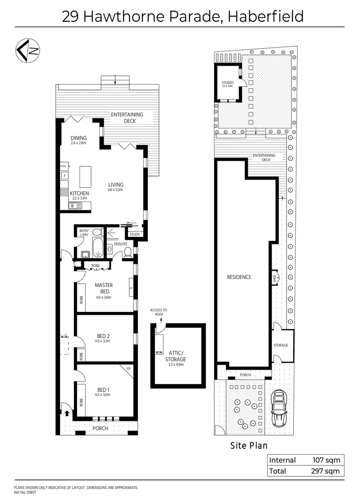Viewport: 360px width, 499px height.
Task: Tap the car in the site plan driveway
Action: tap(279, 408)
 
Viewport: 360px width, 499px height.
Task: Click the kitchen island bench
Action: tap(85, 176)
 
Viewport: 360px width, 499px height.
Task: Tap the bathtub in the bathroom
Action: tap(98, 248)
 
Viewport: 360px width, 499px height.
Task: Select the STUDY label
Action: tap(134, 235)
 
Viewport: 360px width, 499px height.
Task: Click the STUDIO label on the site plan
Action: tap(227, 83)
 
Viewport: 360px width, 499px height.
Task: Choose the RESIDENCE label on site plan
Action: tap(239, 277)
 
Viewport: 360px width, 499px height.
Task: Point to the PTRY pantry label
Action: tap(64, 166)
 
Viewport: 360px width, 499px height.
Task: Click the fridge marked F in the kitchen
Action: tap(64, 176)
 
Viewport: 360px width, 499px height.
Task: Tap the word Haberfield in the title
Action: tap(265, 16)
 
